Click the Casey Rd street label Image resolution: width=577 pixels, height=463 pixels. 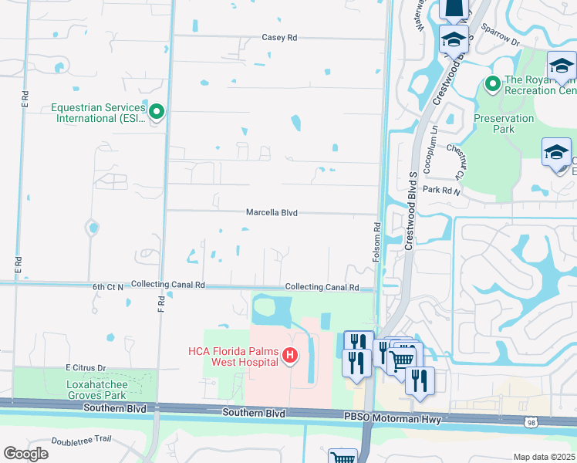(x=279, y=37)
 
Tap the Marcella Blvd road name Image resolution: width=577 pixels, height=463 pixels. (x=272, y=212)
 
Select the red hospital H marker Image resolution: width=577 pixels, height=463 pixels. (x=290, y=356)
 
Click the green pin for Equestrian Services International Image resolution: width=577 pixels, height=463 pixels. (x=157, y=113)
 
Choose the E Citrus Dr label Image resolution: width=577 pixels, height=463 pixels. (x=85, y=367)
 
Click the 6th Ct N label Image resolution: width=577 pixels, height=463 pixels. (x=108, y=286)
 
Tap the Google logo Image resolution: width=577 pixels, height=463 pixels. (x=25, y=453)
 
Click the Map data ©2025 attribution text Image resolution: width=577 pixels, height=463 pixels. (x=544, y=457)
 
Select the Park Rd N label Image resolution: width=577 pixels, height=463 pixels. (x=441, y=190)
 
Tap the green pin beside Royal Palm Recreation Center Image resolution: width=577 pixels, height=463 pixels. (x=491, y=83)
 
